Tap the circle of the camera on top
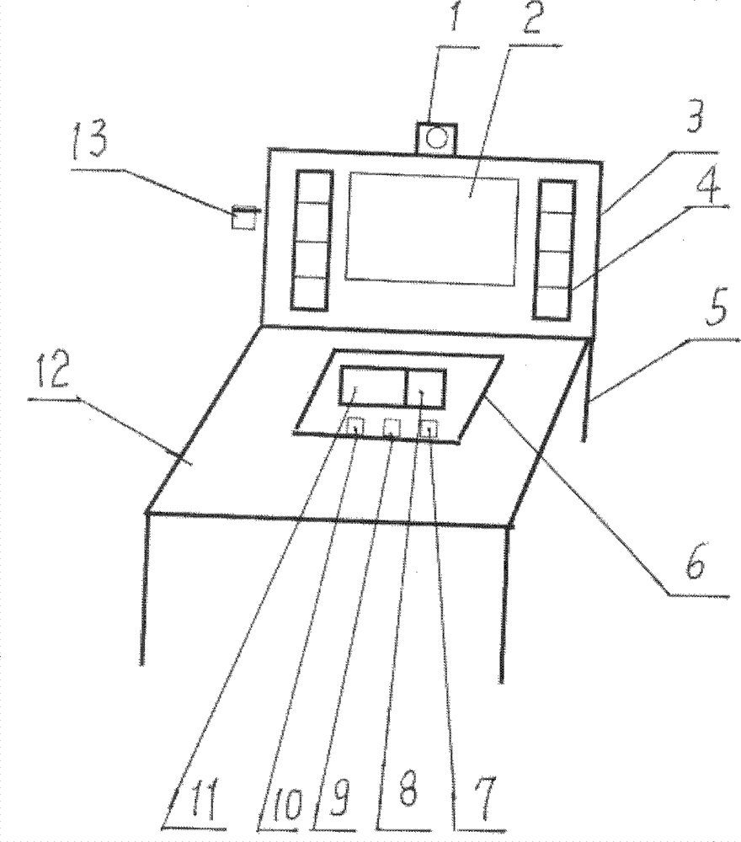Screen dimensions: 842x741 pyautogui.click(x=436, y=137)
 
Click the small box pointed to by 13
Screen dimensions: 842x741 pyautogui.click(x=243, y=217)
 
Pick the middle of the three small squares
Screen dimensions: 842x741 pyautogui.click(x=392, y=428)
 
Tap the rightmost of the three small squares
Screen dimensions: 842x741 pyautogui.click(x=430, y=428)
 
